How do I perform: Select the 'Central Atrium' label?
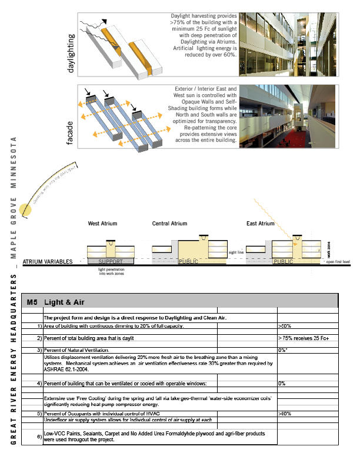[x=169, y=224]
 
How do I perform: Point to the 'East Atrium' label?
[x=260, y=224]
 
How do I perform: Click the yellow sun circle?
[x=25, y=209]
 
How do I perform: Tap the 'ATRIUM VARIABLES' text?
[x=47, y=261]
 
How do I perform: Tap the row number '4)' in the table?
[x=38, y=384]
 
